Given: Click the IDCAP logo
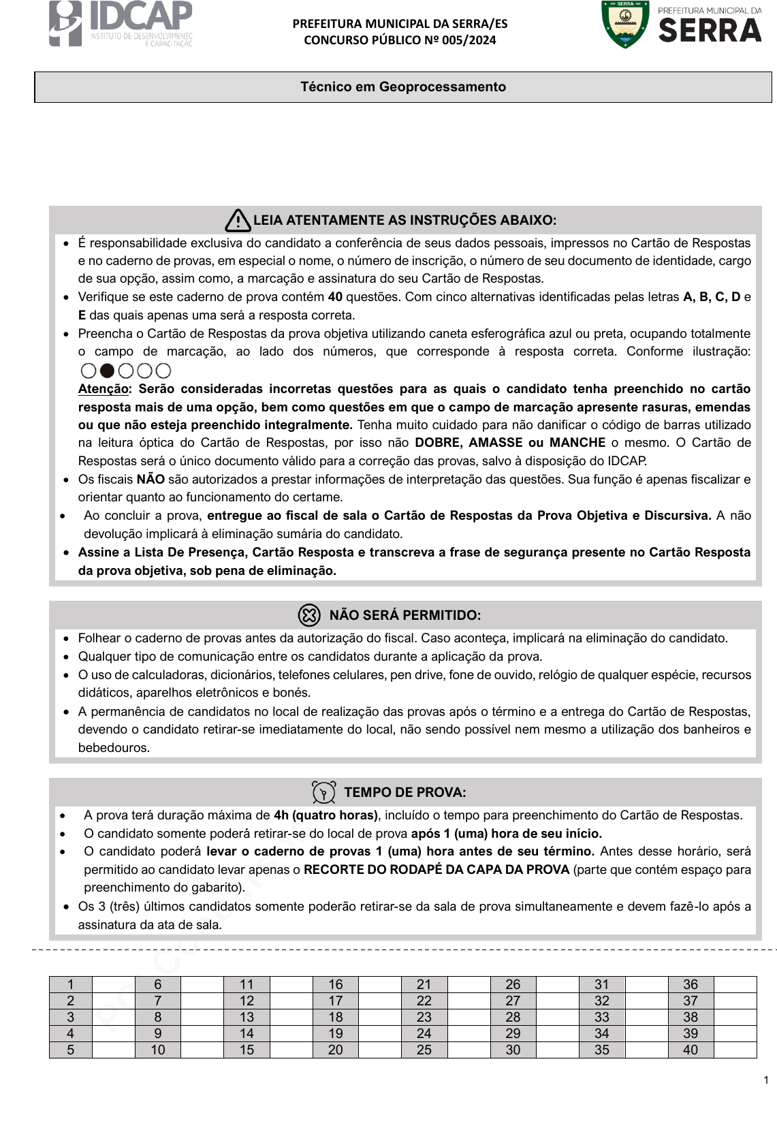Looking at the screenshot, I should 120,25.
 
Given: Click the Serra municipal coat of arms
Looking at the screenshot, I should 624,25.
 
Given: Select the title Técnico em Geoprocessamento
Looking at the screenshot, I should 403,87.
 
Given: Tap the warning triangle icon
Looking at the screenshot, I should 238,220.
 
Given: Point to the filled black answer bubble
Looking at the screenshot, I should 107,371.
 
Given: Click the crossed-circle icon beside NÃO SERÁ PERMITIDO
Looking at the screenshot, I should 309,615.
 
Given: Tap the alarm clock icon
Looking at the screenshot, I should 323,792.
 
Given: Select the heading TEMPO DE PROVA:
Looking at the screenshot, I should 405,792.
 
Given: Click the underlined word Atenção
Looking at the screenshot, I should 103,389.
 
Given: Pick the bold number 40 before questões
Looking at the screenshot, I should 335,297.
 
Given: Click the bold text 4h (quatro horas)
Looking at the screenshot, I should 326,815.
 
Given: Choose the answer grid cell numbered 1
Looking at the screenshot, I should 70,984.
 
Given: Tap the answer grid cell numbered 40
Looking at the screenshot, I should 691,1050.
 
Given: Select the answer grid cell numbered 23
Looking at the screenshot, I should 424,1017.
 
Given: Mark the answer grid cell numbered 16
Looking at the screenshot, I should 335,984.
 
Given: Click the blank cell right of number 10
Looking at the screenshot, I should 202,1050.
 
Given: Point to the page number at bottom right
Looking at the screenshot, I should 766,1080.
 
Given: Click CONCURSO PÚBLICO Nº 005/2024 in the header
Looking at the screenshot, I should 400,40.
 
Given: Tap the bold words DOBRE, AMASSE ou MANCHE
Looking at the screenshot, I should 510,443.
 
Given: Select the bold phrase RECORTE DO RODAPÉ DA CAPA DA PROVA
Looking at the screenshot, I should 437,870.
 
